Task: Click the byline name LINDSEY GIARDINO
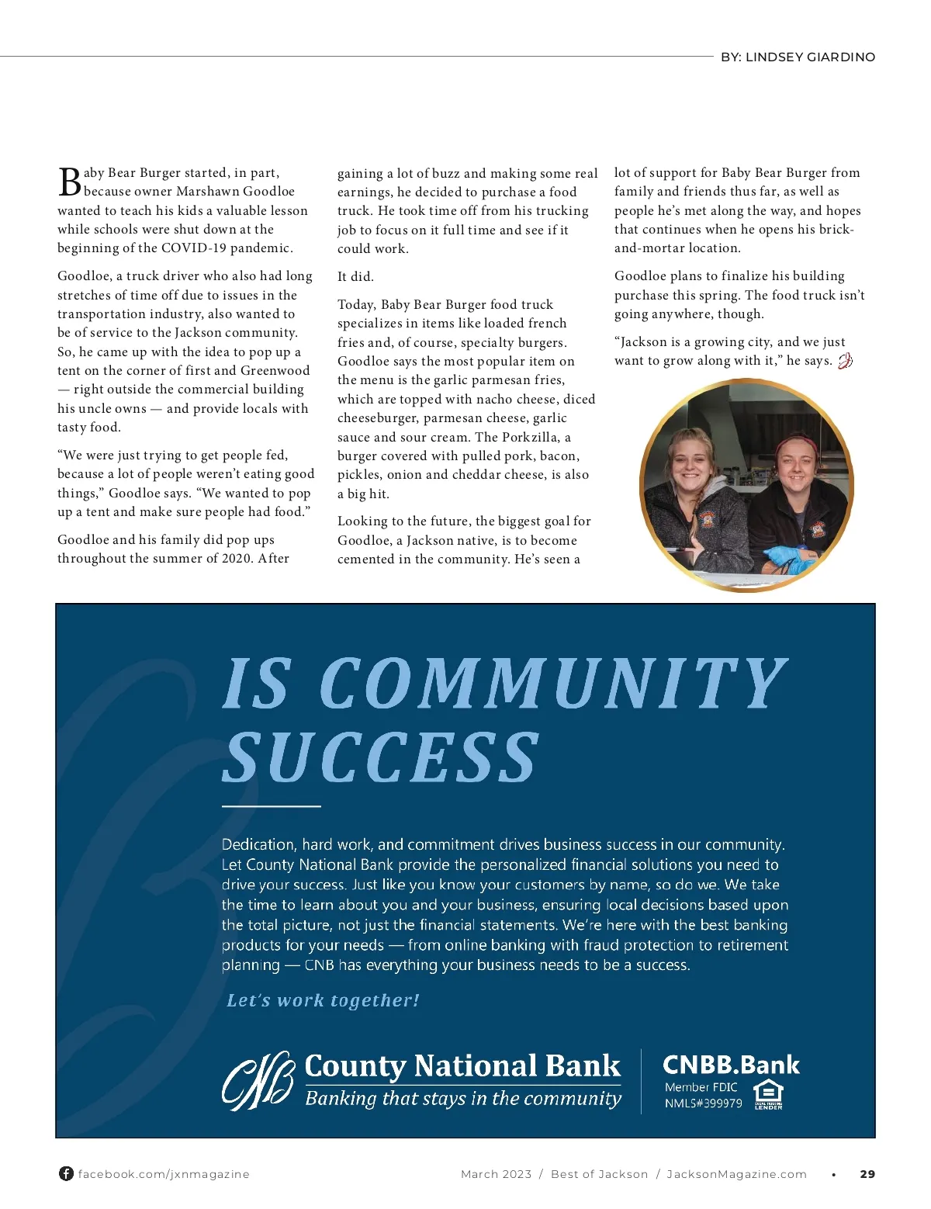point(810,57)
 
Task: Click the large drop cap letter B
point(70,182)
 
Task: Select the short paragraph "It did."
point(355,276)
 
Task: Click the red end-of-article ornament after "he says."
point(845,361)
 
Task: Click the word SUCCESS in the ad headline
point(380,757)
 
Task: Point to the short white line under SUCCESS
point(271,806)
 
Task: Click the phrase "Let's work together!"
point(323,1000)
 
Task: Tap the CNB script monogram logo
point(258,1080)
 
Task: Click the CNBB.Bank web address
point(731,1065)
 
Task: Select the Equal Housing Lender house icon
point(768,1093)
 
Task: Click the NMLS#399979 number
point(703,1103)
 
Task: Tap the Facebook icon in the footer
point(67,1173)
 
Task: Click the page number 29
point(867,1174)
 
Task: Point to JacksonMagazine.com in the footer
point(736,1174)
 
